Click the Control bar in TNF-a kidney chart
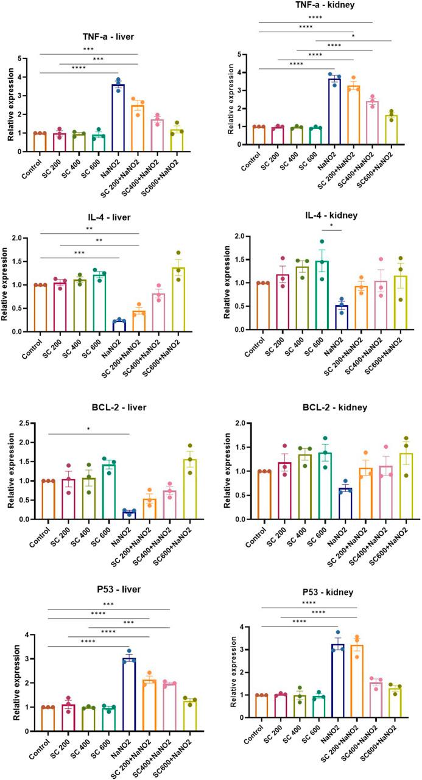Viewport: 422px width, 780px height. coord(259,135)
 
